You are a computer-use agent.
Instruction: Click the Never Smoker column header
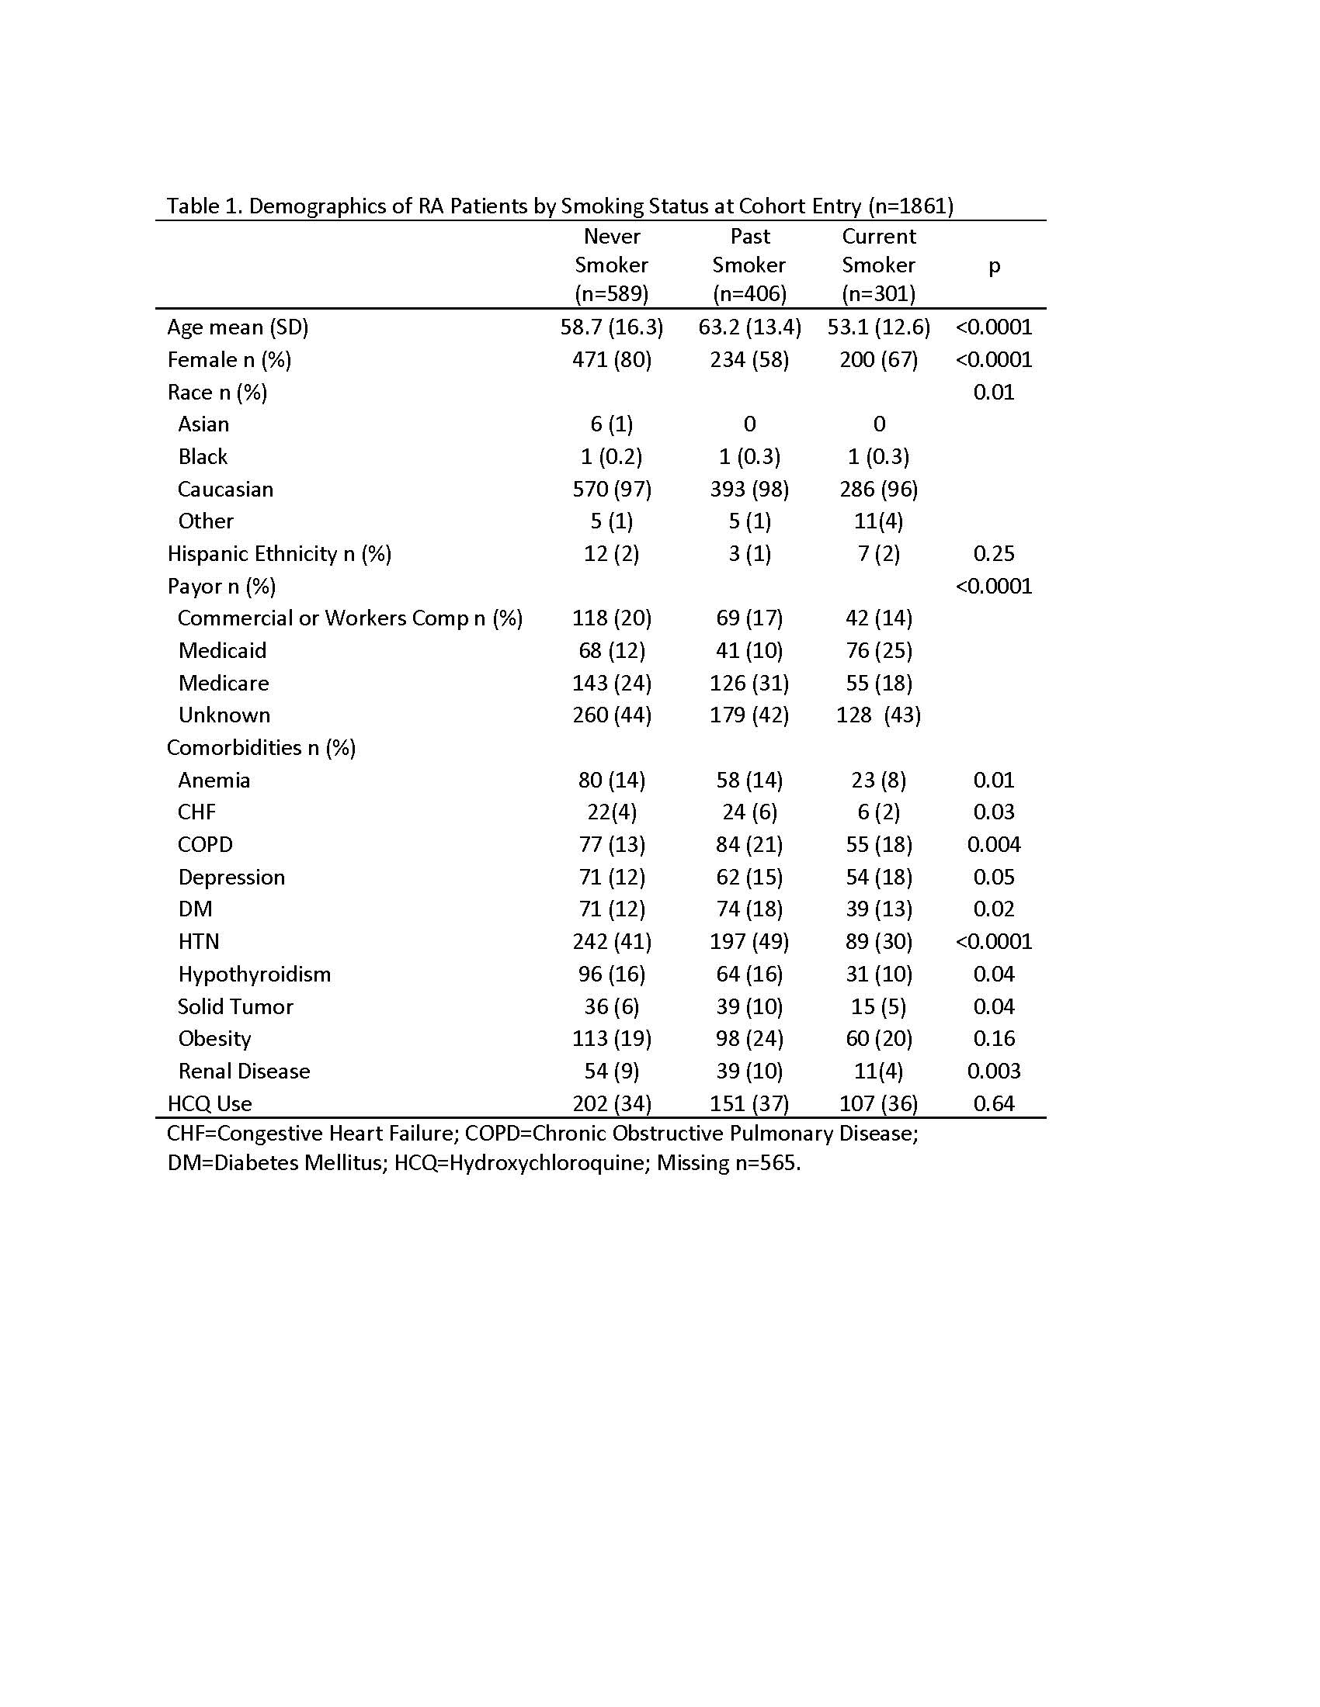[612, 265]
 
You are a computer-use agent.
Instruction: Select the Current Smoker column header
[878, 265]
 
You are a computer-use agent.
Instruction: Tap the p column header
[994, 265]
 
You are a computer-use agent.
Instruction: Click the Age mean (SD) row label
[238, 327]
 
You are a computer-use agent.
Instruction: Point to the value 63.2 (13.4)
[749, 327]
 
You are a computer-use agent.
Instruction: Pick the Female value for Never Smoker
[612, 359]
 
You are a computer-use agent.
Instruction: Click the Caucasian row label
[225, 490]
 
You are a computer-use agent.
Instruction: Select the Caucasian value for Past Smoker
[749, 490]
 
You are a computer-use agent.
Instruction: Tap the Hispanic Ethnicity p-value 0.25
[994, 554]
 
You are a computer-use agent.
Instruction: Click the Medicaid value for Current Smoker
[878, 650]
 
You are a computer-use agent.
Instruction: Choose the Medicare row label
[224, 683]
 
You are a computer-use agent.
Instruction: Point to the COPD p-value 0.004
[994, 844]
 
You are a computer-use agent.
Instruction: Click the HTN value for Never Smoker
[612, 941]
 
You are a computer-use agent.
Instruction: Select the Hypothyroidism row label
[254, 974]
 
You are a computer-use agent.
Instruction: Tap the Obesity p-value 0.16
[994, 1038]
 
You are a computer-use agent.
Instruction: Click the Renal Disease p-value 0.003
[994, 1071]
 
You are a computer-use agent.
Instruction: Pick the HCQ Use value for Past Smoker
[749, 1103]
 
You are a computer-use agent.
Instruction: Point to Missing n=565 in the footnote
[728, 1163]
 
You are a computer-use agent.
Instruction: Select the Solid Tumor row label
[235, 1006]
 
